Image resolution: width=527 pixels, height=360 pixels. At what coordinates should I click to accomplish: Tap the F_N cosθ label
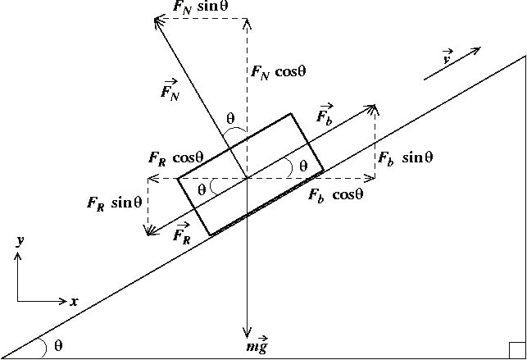[x=279, y=71]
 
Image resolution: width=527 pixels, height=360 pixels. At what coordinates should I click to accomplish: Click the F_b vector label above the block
[x=325, y=114]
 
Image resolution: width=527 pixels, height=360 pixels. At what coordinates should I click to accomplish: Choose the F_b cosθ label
[x=335, y=195]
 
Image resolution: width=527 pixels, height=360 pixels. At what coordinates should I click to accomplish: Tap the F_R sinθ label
[x=114, y=202]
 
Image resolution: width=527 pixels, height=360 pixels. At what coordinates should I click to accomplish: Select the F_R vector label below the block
[x=183, y=236]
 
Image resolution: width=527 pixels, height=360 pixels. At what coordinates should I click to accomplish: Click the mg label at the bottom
[x=257, y=346]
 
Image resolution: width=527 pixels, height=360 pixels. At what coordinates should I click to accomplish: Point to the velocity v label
[x=447, y=58]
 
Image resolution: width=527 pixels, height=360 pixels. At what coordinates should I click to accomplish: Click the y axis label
[x=18, y=241]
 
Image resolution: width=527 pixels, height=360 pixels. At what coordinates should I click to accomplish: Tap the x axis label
[x=74, y=302]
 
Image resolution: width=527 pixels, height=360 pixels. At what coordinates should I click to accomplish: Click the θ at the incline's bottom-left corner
[x=57, y=345]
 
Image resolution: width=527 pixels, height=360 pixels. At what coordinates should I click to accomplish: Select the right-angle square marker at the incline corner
[x=516, y=350]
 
